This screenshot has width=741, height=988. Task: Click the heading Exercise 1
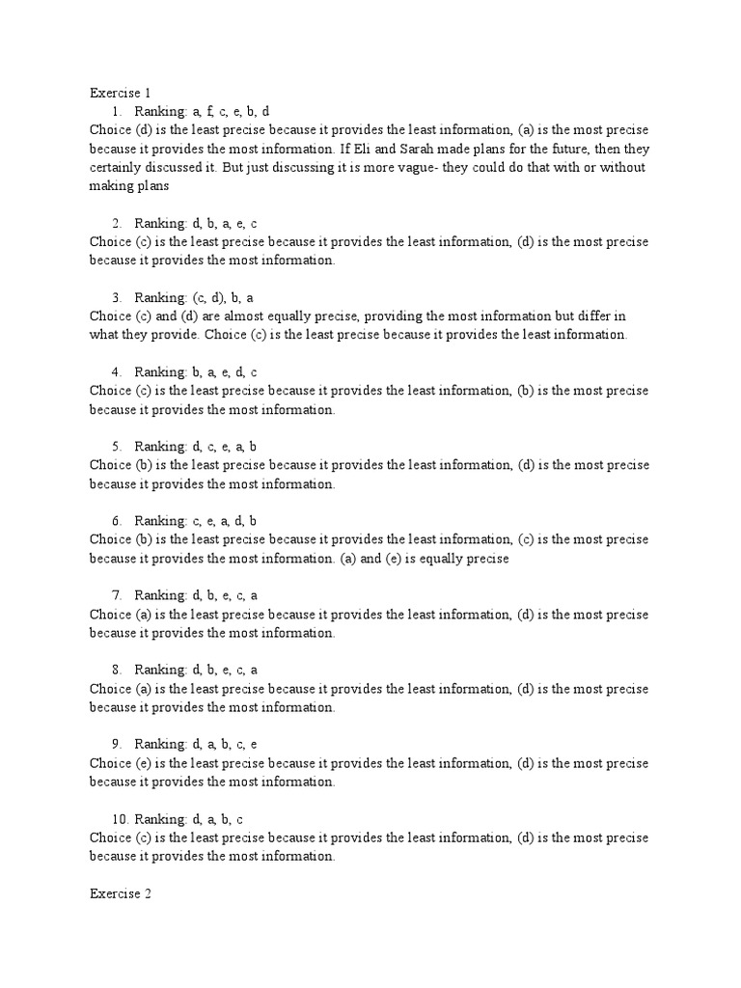121,93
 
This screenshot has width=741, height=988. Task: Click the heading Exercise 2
121,893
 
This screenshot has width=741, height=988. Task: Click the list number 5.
116,447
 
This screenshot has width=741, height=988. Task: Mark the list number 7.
116,595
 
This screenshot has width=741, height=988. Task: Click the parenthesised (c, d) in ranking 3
208,298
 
